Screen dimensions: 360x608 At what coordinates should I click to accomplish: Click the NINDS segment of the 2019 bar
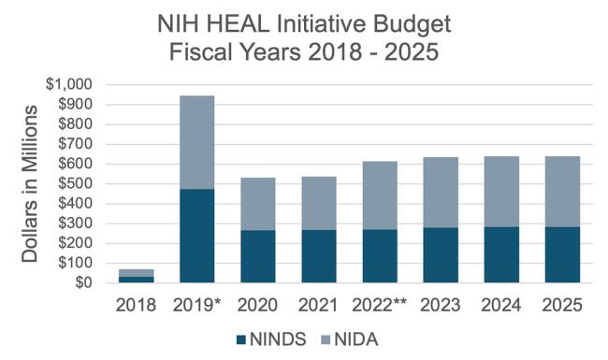click(196, 236)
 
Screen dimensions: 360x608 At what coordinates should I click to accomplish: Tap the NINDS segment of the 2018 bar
click(137, 279)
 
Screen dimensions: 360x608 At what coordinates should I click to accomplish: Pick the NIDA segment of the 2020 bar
click(257, 203)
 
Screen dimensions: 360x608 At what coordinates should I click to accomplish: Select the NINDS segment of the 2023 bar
click(440, 254)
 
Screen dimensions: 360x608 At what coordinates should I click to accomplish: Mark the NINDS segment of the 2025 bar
click(561, 253)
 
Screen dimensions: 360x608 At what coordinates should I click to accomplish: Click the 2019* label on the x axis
click(198, 305)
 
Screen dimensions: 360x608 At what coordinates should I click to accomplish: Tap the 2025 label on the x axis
click(561, 305)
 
